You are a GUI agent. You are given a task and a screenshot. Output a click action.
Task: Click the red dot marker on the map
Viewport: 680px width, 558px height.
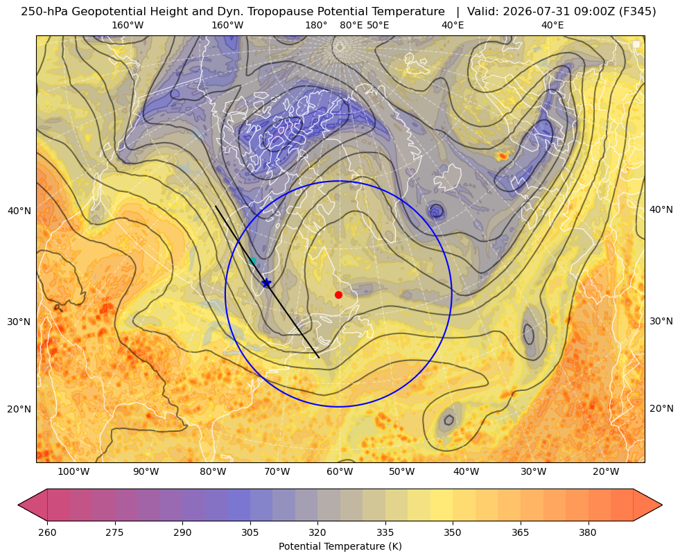click(339, 295)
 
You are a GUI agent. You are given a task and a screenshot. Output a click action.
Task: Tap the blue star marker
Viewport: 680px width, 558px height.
click(266, 283)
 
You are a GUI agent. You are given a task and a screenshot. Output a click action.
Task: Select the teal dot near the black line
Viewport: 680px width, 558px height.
click(252, 261)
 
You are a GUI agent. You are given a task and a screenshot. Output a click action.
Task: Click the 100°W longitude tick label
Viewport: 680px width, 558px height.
click(73, 471)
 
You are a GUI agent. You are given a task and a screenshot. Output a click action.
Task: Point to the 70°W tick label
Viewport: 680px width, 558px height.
click(277, 471)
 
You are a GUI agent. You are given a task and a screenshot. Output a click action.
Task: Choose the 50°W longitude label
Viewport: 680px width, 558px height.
click(401, 471)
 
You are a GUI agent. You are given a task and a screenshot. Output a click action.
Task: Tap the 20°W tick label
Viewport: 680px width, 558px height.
click(606, 471)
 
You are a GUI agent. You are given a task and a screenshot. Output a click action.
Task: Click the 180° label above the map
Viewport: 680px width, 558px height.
click(316, 25)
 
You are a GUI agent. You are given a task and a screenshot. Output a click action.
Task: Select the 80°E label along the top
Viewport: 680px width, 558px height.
click(351, 25)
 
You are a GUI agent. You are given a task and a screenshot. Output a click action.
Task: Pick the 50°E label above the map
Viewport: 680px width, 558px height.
click(378, 25)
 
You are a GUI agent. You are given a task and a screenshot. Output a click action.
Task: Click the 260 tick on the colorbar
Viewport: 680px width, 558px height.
click(47, 532)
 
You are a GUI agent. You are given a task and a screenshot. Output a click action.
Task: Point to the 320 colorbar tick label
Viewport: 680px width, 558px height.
click(317, 532)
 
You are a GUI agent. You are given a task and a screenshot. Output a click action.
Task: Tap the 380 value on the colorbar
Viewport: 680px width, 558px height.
click(588, 532)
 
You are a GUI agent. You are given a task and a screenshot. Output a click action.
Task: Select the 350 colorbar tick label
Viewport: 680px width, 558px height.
click(453, 532)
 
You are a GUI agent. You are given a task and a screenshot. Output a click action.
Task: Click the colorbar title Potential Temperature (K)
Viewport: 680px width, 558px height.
click(340, 546)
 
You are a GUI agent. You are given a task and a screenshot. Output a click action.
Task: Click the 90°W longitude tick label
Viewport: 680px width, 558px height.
click(146, 471)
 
